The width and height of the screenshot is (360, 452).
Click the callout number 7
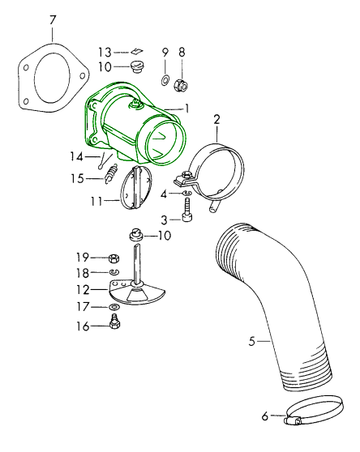52,21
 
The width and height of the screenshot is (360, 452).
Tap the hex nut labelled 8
181,84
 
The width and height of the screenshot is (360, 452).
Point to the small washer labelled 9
165,79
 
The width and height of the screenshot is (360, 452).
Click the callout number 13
105,53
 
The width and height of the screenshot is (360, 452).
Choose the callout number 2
217,120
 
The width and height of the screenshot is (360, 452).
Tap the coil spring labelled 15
111,173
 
